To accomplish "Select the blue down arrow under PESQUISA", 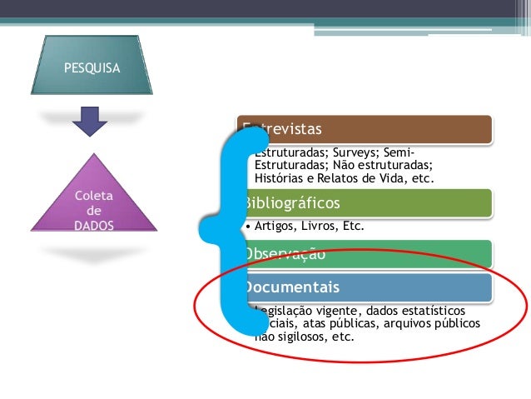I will pos(90,122).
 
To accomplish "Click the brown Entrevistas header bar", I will pos(366,129).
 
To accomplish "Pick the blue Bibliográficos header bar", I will pos(366,202).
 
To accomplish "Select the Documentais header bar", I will pos(366,287).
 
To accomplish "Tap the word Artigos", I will pos(275,225).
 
